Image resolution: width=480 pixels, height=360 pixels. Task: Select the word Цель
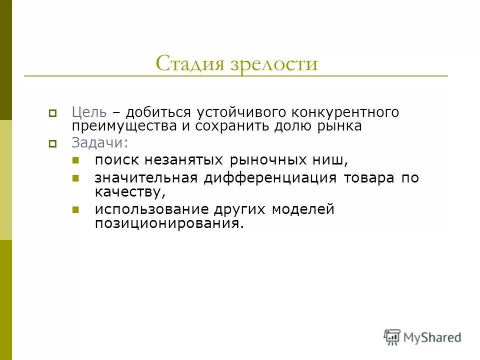89,112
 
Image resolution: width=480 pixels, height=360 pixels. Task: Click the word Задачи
99,143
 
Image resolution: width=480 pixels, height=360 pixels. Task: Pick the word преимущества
124,126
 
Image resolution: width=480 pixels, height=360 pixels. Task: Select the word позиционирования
169,223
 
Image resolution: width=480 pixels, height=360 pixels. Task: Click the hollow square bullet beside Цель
52,113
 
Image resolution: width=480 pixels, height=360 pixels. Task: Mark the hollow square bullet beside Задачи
52,144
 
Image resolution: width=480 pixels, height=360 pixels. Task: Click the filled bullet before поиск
76,161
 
